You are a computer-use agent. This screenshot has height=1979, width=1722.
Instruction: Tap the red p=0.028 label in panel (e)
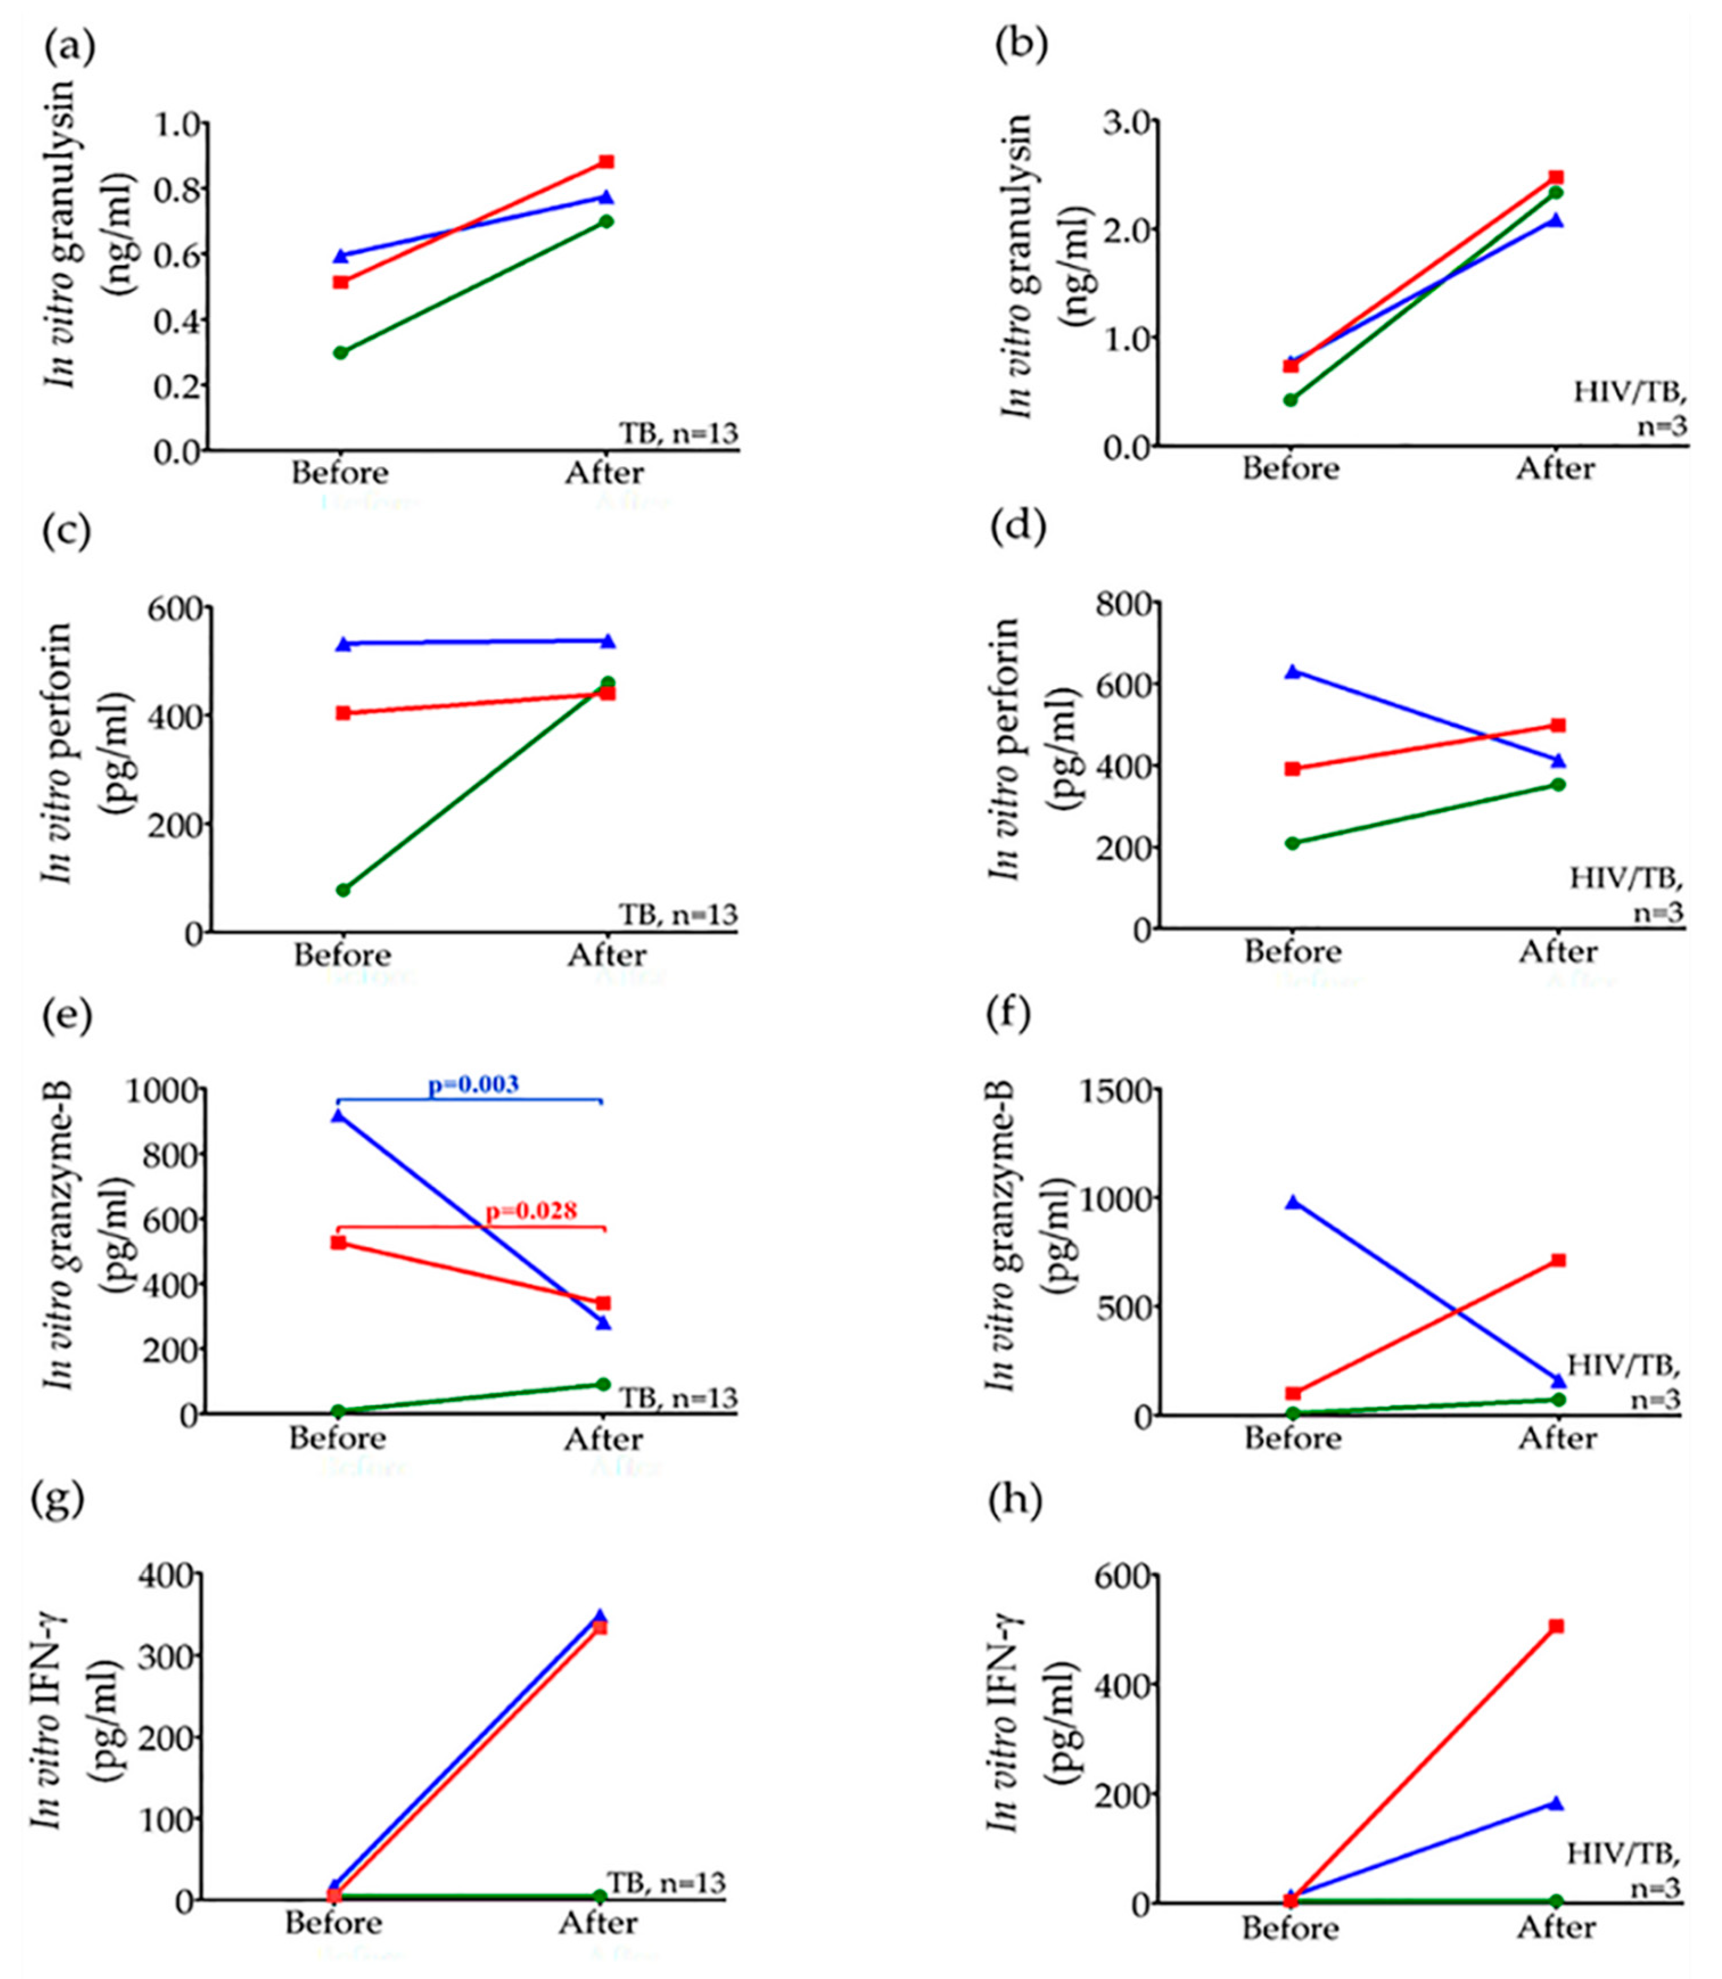click(x=532, y=1211)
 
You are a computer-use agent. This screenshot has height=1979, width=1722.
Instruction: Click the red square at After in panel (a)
click(x=607, y=162)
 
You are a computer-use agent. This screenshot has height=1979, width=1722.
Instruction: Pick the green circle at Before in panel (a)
click(x=341, y=353)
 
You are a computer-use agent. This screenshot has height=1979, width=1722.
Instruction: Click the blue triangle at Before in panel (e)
click(x=337, y=1116)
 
